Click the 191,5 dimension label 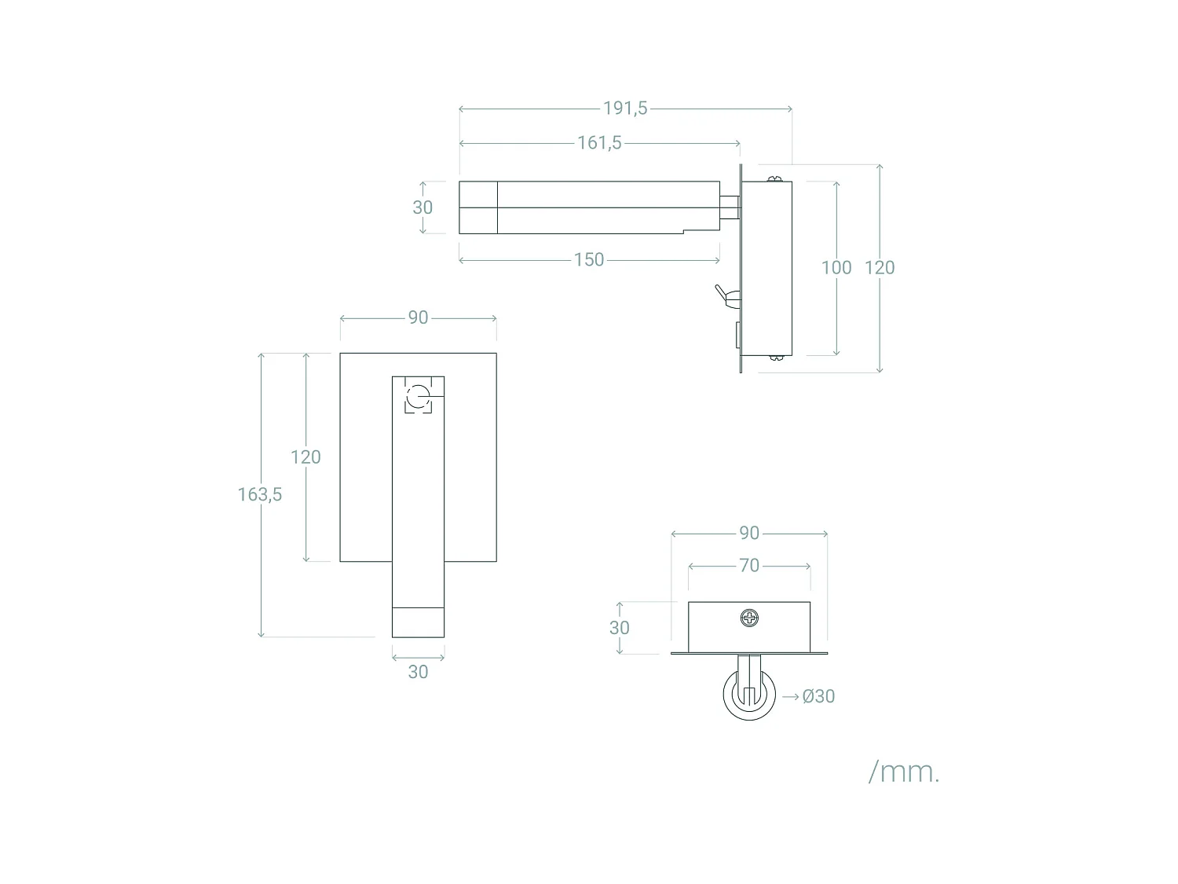pos(625,108)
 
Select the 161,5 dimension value pos(599,143)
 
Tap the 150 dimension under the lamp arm pos(589,260)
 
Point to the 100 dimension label pos(836,268)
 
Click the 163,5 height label pos(260,495)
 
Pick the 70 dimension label pos(749,566)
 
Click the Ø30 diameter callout pos(818,696)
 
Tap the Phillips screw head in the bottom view pos(750,618)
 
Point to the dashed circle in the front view pos(418,395)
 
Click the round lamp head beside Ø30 pos(749,696)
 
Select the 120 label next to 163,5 pos(305,457)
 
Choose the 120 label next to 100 pos(880,268)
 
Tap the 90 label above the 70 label pos(749,534)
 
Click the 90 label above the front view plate pos(418,317)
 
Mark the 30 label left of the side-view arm pos(423,207)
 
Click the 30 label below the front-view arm pos(418,672)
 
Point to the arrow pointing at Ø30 pos(790,696)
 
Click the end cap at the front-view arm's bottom pos(418,622)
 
